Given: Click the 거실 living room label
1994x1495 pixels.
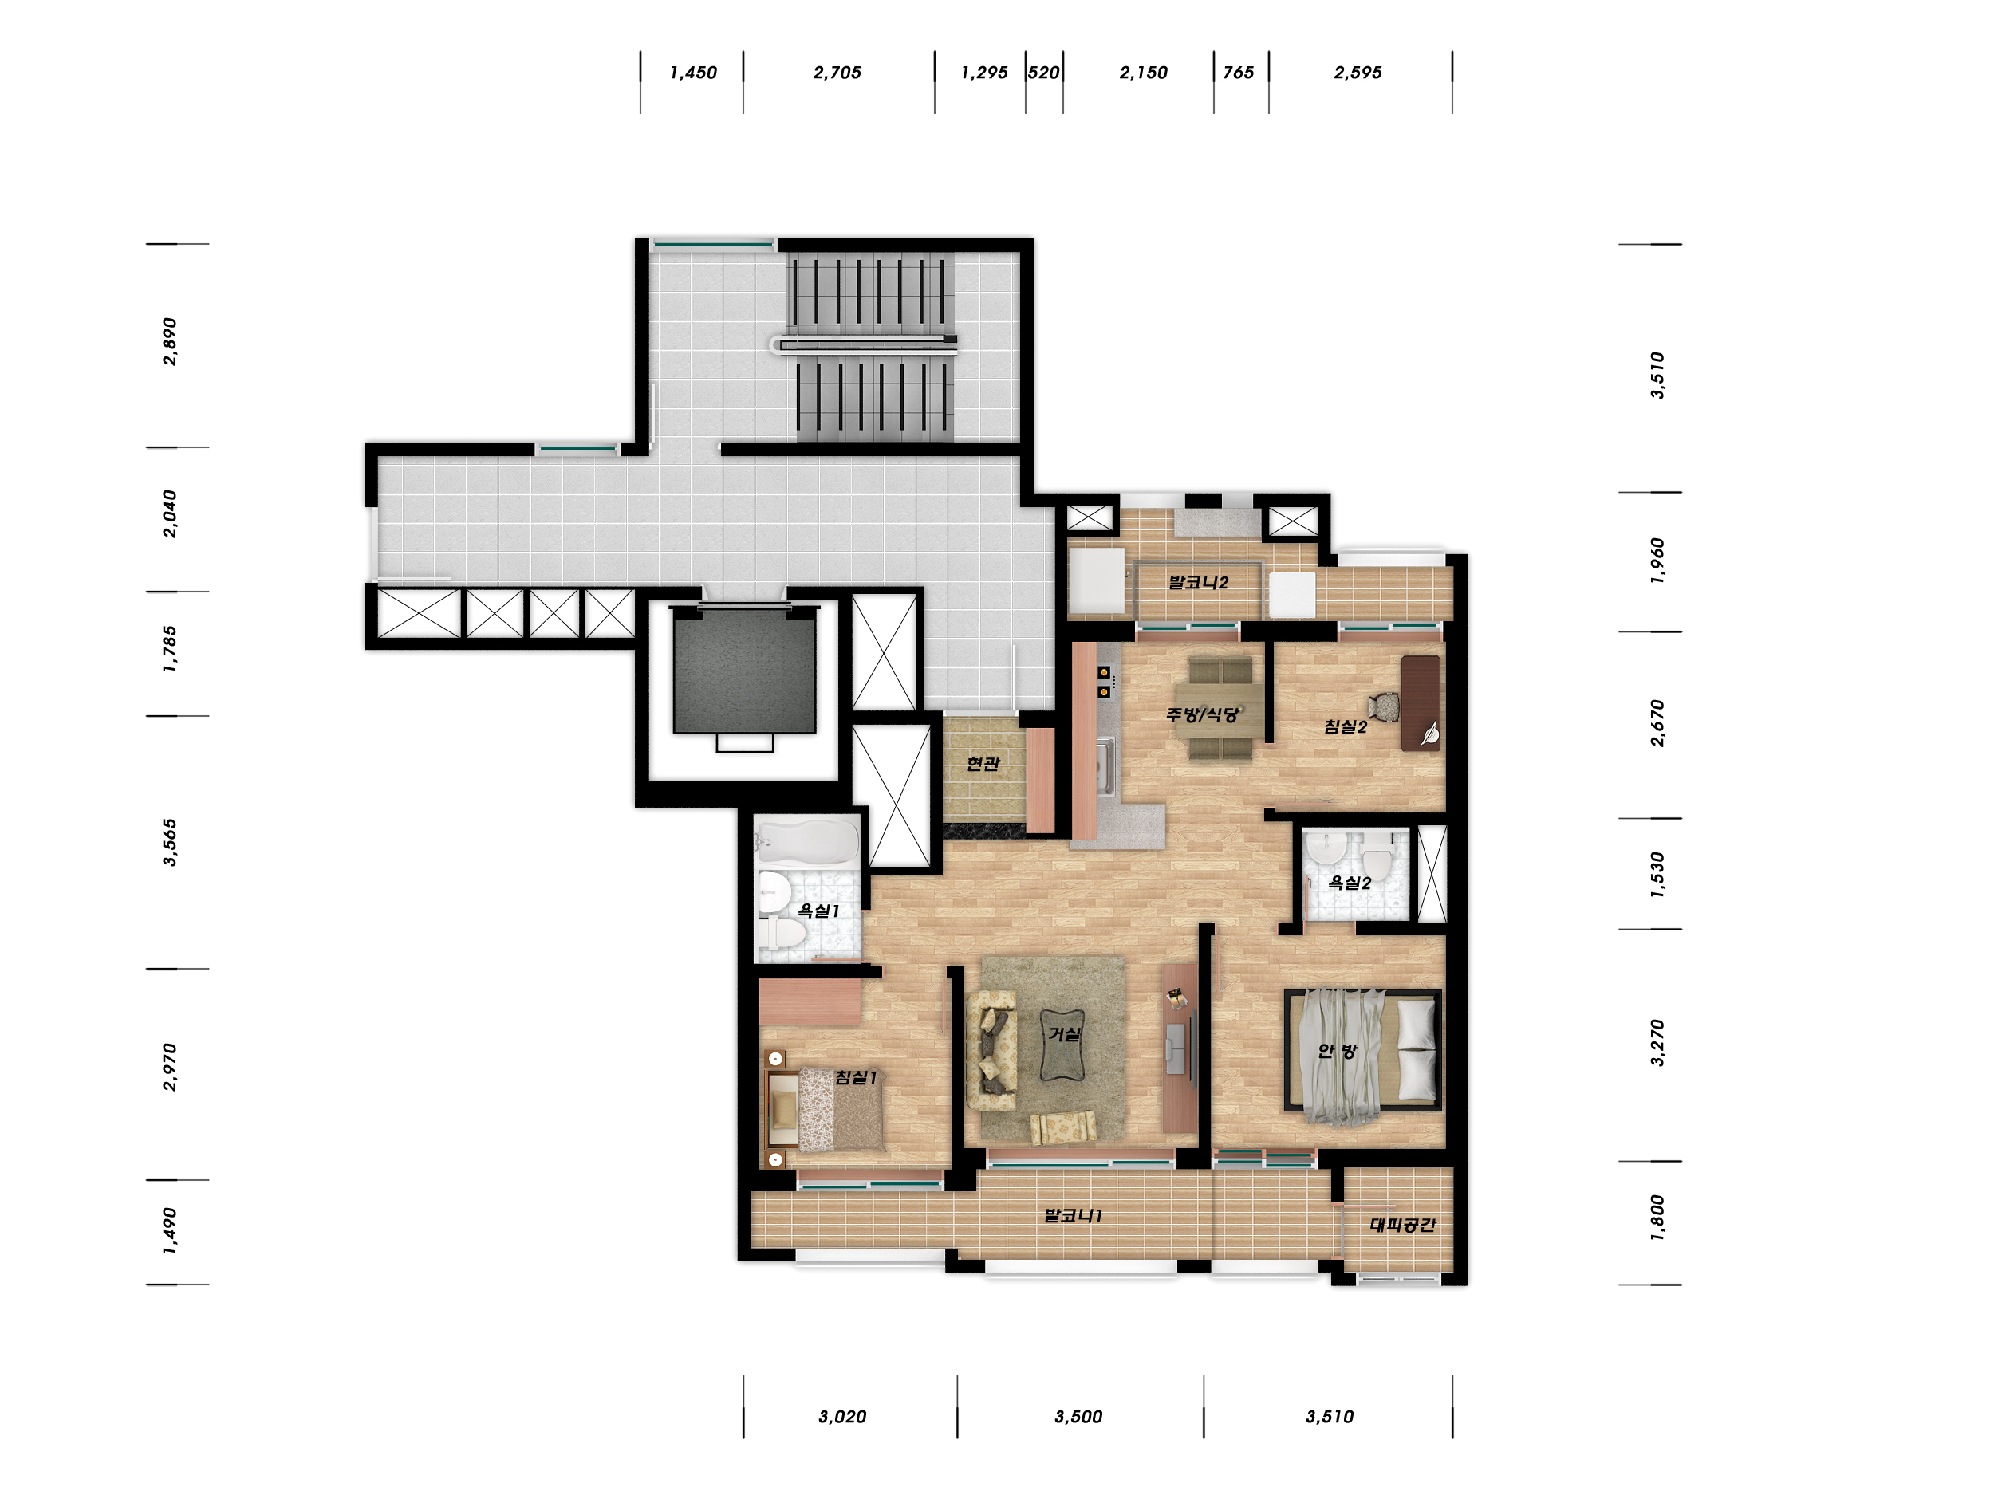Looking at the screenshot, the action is pyautogui.click(x=1064, y=1033).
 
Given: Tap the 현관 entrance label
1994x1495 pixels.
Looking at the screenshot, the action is pyautogui.click(x=983, y=763).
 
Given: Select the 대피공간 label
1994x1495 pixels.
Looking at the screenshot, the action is pyautogui.click(x=1403, y=1224).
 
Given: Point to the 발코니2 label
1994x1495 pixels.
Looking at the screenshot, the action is pyautogui.click(x=1198, y=582).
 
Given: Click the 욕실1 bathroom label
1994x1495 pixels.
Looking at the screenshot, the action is pyautogui.click(x=818, y=911).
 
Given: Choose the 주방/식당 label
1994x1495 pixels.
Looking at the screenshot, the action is pyautogui.click(x=1203, y=714).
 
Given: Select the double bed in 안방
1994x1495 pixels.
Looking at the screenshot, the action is pyautogui.click(x=1362, y=1051).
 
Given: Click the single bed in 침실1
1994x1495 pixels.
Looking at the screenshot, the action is pyautogui.click(x=825, y=1109).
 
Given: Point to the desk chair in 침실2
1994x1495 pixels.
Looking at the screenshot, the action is pyautogui.click(x=1385, y=706).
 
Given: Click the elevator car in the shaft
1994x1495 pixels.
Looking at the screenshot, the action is pyautogui.click(x=745, y=670).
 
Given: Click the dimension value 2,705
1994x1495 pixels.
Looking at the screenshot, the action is pyautogui.click(x=837, y=72).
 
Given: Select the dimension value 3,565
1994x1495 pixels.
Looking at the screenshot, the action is pyautogui.click(x=169, y=843).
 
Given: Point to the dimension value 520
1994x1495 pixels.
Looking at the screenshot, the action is pyautogui.click(x=1043, y=72).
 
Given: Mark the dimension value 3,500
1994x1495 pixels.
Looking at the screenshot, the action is pyautogui.click(x=1078, y=1417).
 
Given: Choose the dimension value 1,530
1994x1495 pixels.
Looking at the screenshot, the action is pyautogui.click(x=1657, y=874).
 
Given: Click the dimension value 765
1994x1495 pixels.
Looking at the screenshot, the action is pyautogui.click(x=1239, y=72).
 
